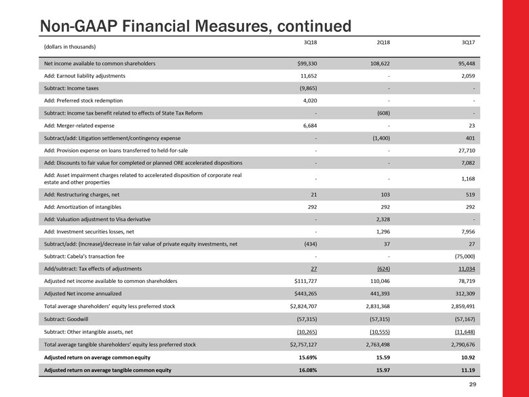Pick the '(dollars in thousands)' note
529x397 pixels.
pos(69,47)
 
